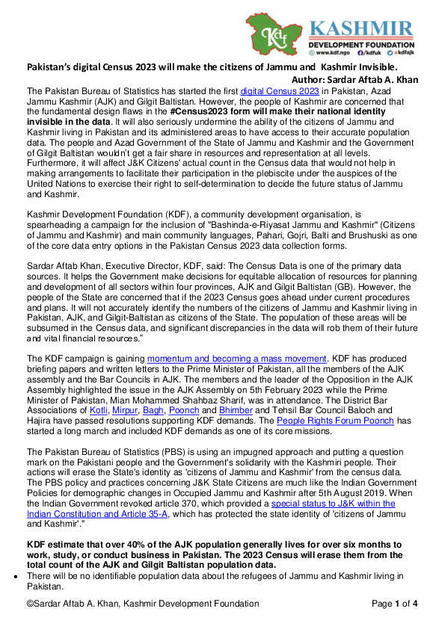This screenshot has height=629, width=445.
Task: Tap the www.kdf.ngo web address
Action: tap(334, 52)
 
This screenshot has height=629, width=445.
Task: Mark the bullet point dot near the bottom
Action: tap(16, 578)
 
